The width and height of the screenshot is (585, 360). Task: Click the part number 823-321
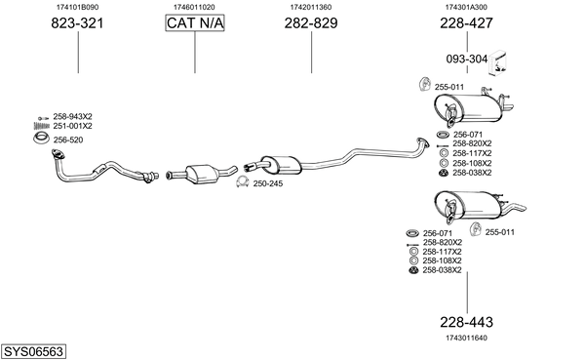click(77, 23)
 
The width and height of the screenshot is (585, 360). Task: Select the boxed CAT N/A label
click(195, 23)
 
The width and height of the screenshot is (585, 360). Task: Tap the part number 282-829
click(311, 23)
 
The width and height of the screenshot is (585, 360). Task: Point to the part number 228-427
click(466, 23)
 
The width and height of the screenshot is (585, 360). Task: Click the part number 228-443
click(466, 322)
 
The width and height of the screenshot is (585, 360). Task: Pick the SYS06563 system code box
click(33, 352)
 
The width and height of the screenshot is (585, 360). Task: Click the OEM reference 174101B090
click(78, 7)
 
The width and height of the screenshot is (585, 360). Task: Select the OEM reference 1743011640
click(466, 338)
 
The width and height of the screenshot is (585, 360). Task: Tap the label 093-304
click(467, 59)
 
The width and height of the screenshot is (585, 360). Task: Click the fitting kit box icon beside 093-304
click(498, 63)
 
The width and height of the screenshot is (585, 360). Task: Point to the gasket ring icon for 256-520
click(41, 139)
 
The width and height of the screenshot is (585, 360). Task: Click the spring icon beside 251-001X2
click(41, 126)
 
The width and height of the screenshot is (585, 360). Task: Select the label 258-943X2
click(72, 116)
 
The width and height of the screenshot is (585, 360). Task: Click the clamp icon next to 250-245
click(243, 181)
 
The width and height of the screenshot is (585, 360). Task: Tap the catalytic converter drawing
click(202, 174)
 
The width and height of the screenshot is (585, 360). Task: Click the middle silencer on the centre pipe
click(281, 165)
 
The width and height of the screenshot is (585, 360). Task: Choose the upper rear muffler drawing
click(471, 108)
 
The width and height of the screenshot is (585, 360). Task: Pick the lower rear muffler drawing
click(474, 206)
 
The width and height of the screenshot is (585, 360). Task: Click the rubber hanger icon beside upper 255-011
click(424, 85)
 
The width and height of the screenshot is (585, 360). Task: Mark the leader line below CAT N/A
click(195, 53)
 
